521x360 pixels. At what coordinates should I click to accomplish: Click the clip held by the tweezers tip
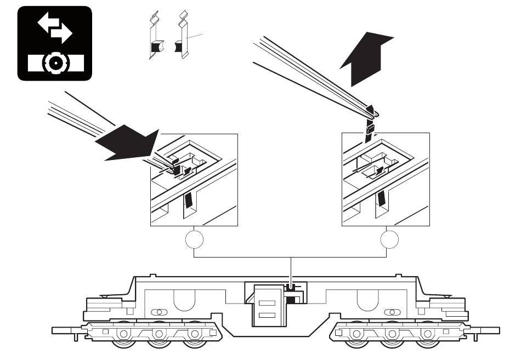(371, 129)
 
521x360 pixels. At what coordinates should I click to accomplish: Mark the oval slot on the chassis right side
(392, 312)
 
